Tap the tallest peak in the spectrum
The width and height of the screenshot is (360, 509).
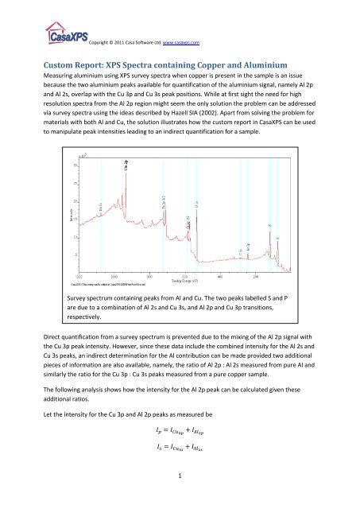click(x=125, y=167)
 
